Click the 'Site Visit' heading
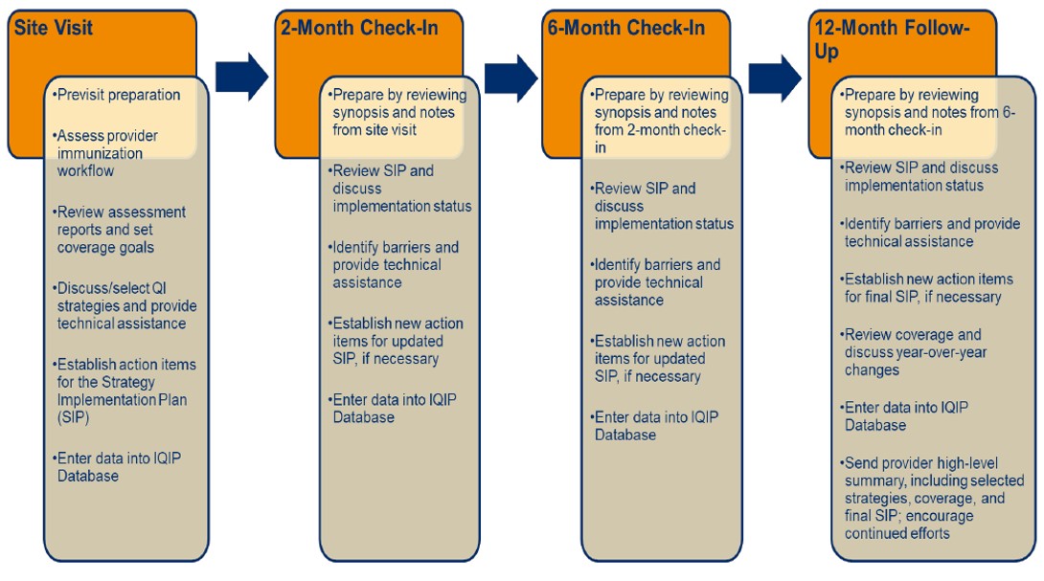tap(54, 28)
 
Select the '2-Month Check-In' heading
tap(359, 28)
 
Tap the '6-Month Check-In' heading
tap(625, 28)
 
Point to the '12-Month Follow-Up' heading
tap(892, 39)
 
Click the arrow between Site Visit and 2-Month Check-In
tap(241, 77)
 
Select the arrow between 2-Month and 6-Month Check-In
tap(511, 78)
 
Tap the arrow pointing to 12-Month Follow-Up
tap(775, 78)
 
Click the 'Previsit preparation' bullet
tap(117, 95)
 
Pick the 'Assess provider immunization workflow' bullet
tap(105, 153)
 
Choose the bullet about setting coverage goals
tap(119, 230)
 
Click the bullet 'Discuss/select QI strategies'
tap(125, 305)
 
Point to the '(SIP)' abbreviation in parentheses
tap(73, 417)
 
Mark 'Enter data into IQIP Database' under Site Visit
tap(117, 467)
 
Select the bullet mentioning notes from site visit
tap(397, 113)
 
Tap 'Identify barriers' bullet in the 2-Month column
tap(394, 265)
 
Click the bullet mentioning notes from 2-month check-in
tap(659, 122)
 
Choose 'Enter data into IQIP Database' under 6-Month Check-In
tap(654, 426)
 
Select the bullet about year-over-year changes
tap(914, 352)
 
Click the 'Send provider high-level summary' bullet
tap(932, 498)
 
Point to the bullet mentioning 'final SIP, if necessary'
tap(927, 287)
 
